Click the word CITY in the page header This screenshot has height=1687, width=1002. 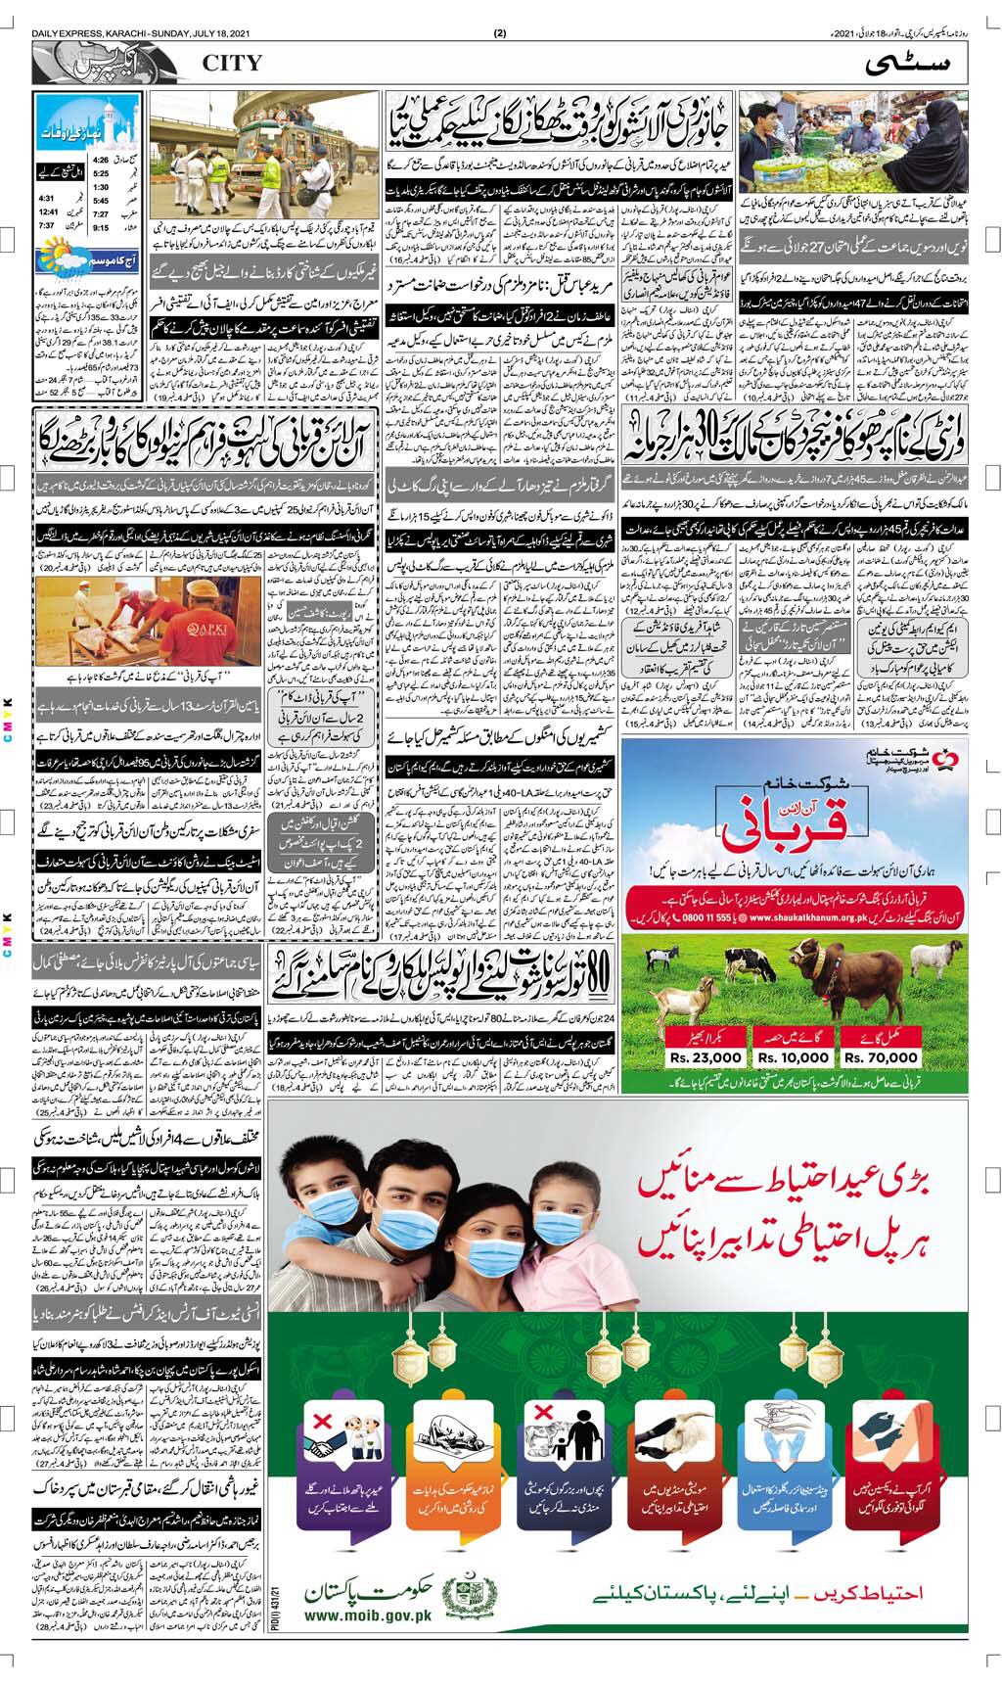(232, 64)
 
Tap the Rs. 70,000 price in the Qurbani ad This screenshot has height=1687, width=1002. (881, 1056)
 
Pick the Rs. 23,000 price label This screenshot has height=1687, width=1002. (706, 1056)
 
